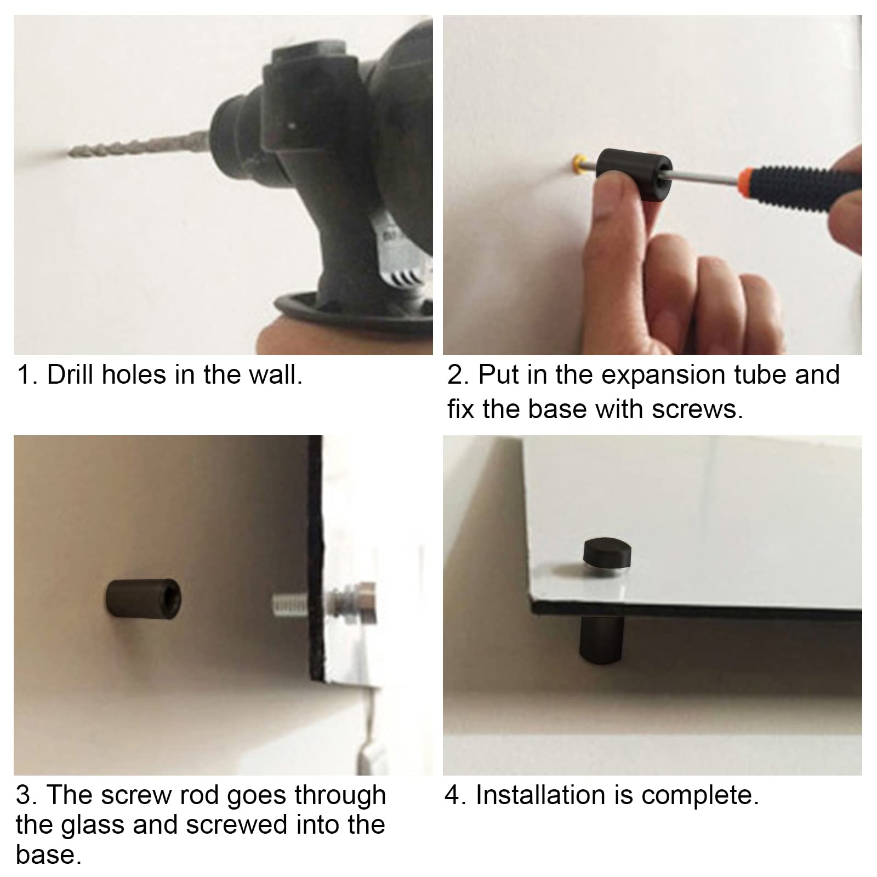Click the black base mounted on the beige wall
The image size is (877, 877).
tap(143, 597)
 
